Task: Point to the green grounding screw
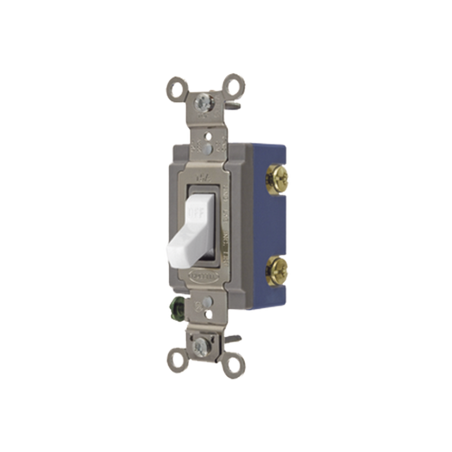coord(179,312)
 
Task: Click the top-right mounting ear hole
coord(238,81)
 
